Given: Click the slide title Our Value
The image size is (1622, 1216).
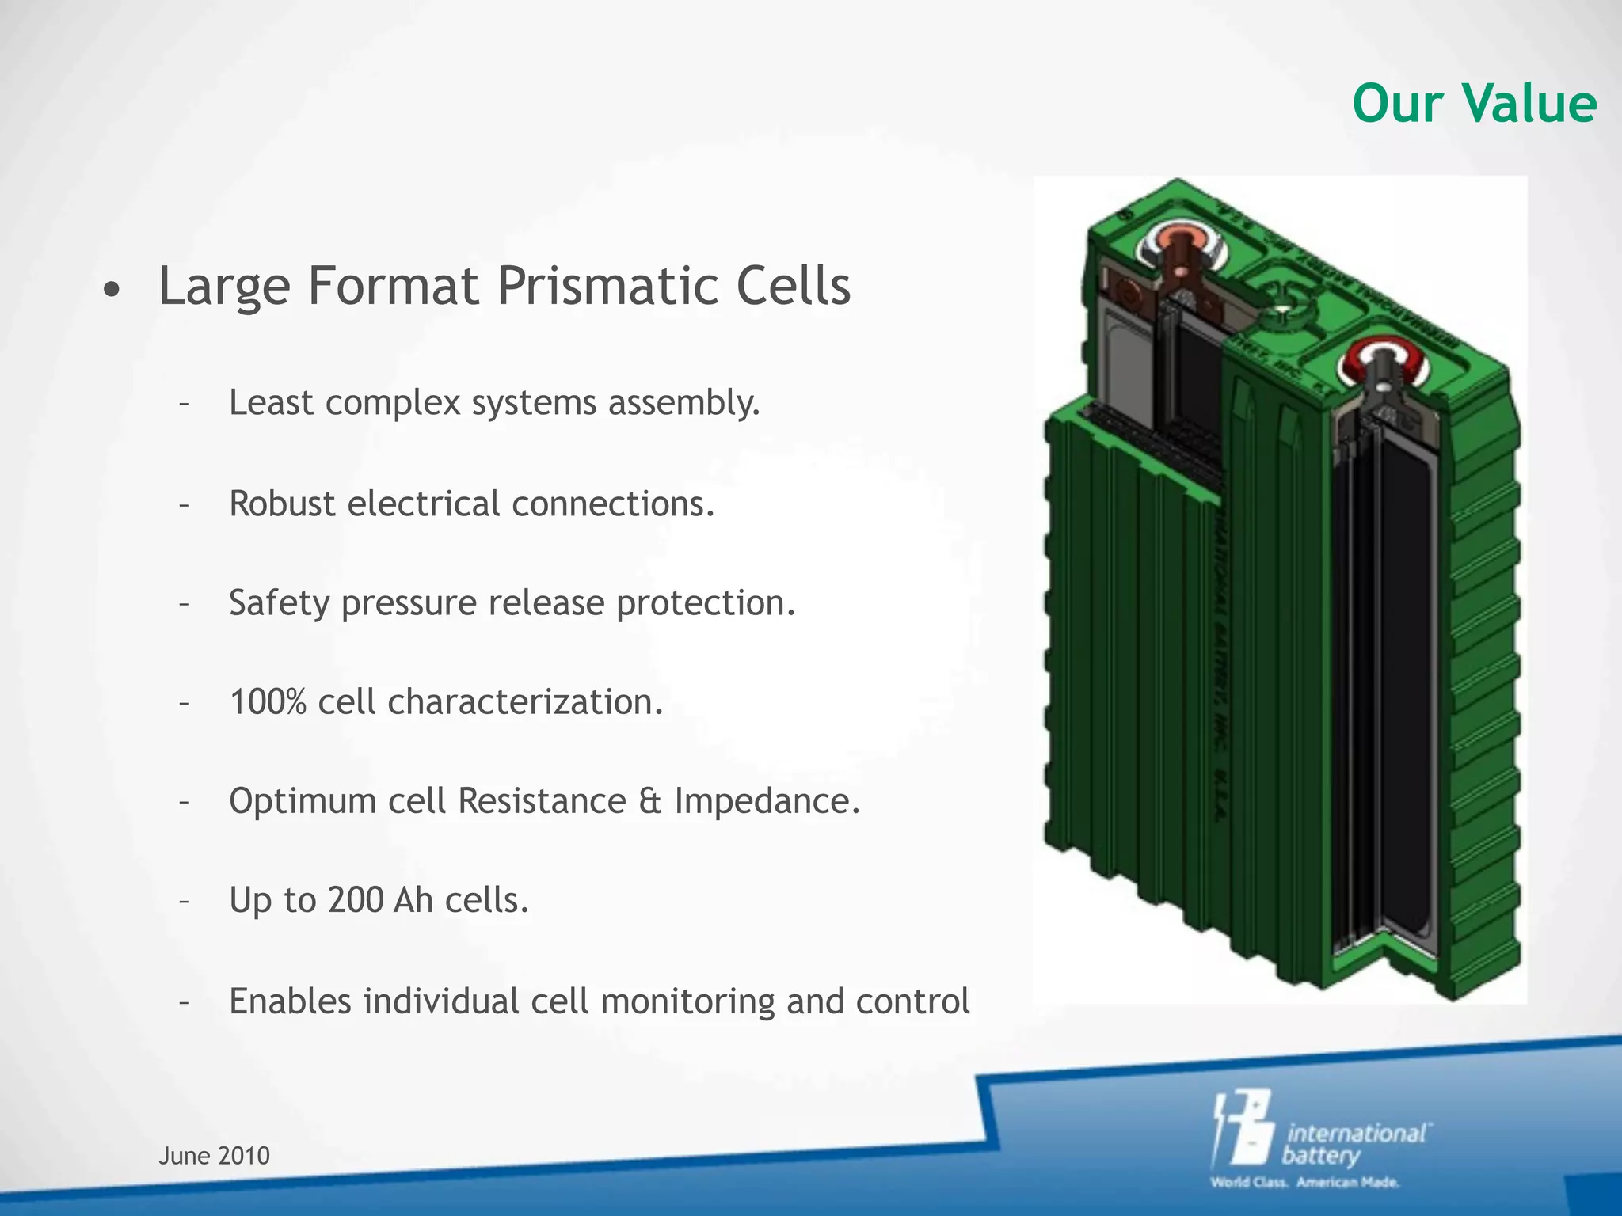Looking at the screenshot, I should (x=1474, y=104).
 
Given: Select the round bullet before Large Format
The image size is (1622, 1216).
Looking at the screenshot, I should (x=112, y=291).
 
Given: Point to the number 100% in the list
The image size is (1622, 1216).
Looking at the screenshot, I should (x=267, y=701).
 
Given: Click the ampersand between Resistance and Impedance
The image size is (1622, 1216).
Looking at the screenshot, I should (x=649, y=801).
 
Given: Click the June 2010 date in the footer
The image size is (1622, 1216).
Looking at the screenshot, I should (x=214, y=1156).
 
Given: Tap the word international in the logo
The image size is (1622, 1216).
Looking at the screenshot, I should (x=1356, y=1133).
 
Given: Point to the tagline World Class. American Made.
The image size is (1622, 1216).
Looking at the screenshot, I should (x=1304, y=1183).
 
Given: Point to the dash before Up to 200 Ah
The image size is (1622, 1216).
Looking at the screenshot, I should (x=184, y=901).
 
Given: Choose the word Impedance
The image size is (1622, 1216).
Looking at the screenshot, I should (x=766, y=801).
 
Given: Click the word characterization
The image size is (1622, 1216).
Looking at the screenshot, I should (x=524, y=702).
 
